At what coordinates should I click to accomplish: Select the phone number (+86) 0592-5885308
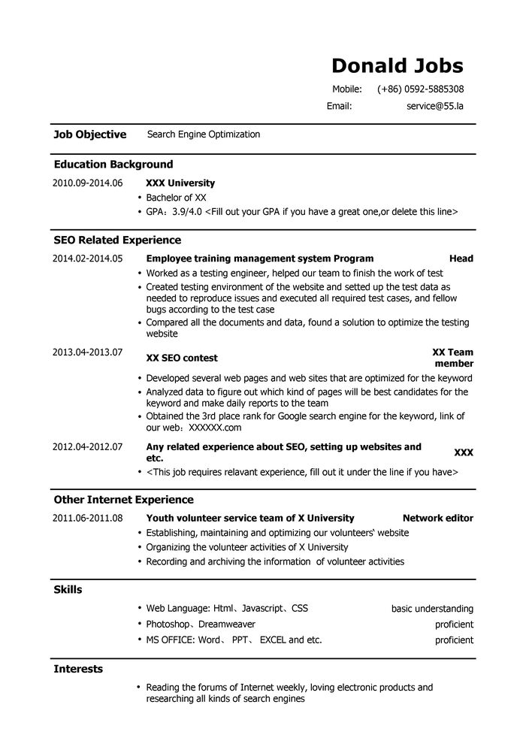pyautogui.click(x=420, y=89)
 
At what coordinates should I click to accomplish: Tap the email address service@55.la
pyautogui.click(x=435, y=106)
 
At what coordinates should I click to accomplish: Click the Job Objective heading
pyautogui.click(x=89, y=135)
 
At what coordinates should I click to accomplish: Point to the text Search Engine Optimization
pyautogui.click(x=204, y=135)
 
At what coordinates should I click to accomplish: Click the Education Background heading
pyautogui.click(x=113, y=164)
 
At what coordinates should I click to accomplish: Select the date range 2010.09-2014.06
pyautogui.click(x=87, y=183)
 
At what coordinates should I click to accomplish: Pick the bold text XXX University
pyautogui.click(x=180, y=183)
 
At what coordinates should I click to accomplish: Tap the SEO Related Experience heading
pyautogui.click(x=117, y=240)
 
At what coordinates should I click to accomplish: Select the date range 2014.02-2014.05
pyautogui.click(x=87, y=259)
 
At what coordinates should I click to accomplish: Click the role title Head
pyautogui.click(x=461, y=259)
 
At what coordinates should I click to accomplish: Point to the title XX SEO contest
pyautogui.click(x=182, y=358)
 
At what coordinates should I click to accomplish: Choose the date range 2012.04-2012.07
pyautogui.click(x=87, y=446)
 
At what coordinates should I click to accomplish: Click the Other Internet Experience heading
pyautogui.click(x=123, y=499)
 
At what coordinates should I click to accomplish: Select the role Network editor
pyautogui.click(x=438, y=518)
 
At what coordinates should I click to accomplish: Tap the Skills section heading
pyautogui.click(x=68, y=589)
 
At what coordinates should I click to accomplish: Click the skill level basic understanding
pyautogui.click(x=432, y=609)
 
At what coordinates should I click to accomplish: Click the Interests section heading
pyautogui.click(x=78, y=668)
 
